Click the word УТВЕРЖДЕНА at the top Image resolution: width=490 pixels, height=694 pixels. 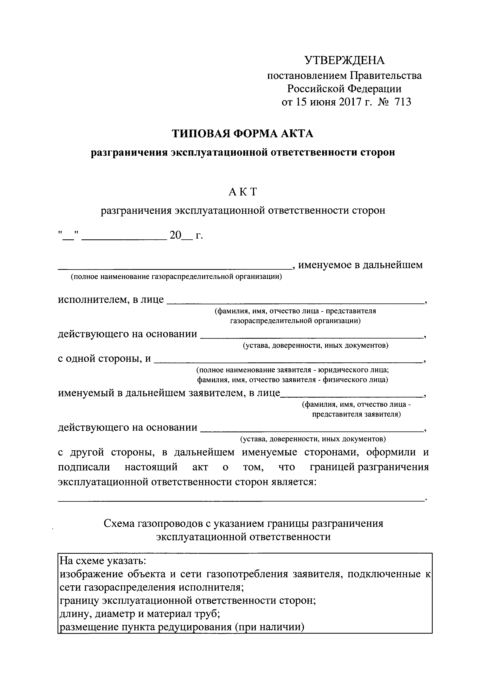point(345,61)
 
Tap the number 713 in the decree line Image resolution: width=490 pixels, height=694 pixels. point(402,102)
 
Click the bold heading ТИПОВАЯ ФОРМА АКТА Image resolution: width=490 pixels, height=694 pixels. point(243,133)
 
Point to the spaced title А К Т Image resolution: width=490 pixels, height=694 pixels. point(243,192)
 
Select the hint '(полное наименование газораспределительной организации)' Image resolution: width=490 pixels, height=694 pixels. point(176,277)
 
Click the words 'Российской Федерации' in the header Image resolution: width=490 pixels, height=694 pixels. point(344,89)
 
